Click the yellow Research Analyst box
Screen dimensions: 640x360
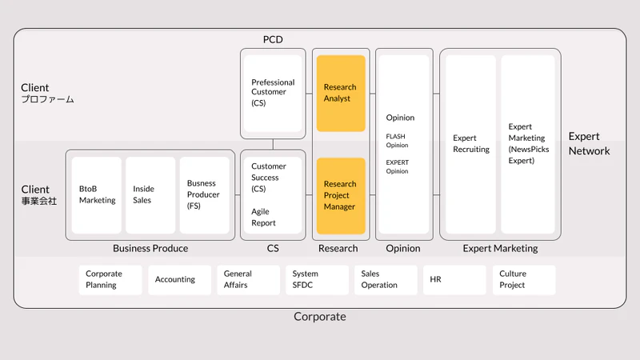pyautogui.click(x=341, y=94)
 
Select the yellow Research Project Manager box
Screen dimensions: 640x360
pyautogui.click(x=341, y=196)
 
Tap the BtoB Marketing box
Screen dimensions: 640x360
pyautogui.click(x=96, y=195)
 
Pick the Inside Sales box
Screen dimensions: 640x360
pyautogui.click(x=150, y=195)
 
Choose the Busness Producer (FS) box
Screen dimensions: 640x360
pyautogui.click(x=205, y=195)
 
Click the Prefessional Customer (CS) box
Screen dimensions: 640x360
pyautogui.click(x=273, y=94)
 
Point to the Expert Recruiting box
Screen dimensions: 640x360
pyautogui.click(x=470, y=144)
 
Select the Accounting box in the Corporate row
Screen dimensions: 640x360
pyautogui.click(x=179, y=279)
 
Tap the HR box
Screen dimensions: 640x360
pyautogui.click(x=454, y=279)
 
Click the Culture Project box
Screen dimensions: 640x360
pyautogui.click(x=524, y=279)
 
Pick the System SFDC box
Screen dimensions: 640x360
pyautogui.click(x=317, y=279)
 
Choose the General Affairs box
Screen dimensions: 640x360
pyautogui.click(x=248, y=279)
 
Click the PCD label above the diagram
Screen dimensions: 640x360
pyautogui.click(x=273, y=39)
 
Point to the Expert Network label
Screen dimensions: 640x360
pyautogui.click(x=589, y=144)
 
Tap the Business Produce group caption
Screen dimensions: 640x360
pyautogui.click(x=150, y=248)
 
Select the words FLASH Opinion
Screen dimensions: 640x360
pyautogui.click(x=397, y=141)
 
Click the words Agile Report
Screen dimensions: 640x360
pyautogui.click(x=263, y=217)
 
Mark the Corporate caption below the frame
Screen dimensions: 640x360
pyautogui.click(x=319, y=316)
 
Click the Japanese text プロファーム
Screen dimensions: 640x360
pyautogui.click(x=47, y=99)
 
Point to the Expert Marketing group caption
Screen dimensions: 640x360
pyautogui.click(x=500, y=248)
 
